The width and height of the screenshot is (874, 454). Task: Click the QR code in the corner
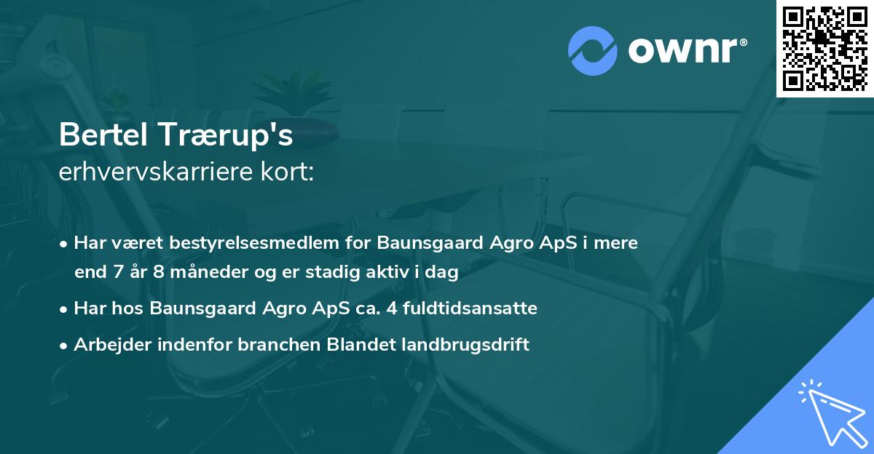(x=824, y=48)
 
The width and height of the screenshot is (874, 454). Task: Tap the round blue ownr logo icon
(x=593, y=51)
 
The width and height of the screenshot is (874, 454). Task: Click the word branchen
(x=272, y=345)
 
